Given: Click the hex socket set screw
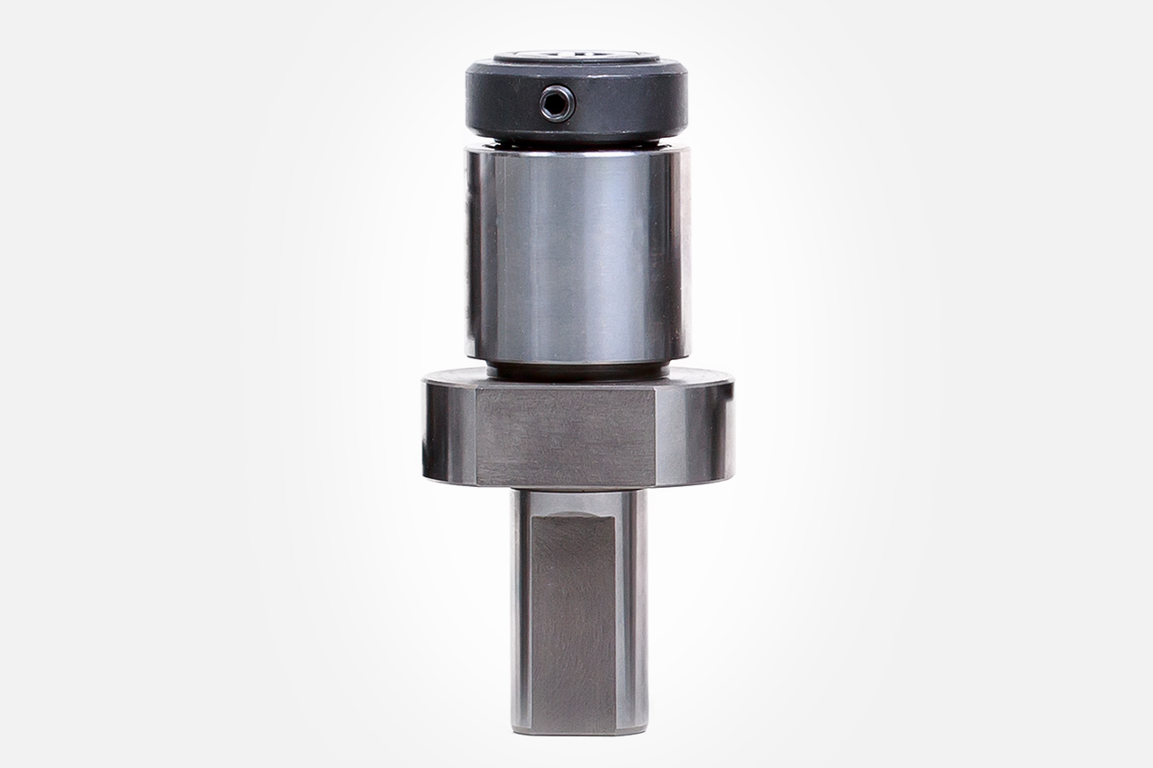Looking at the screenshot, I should [557, 104].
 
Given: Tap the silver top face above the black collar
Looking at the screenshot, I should [576, 57].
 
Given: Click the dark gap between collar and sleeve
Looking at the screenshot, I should [577, 143].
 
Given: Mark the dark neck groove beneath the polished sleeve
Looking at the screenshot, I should [577, 369].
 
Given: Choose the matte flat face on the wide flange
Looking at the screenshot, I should [565, 435].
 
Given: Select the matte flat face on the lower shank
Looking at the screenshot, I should [573, 621].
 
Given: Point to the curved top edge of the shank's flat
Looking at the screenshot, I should [573, 517].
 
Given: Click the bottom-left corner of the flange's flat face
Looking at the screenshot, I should [477, 484].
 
